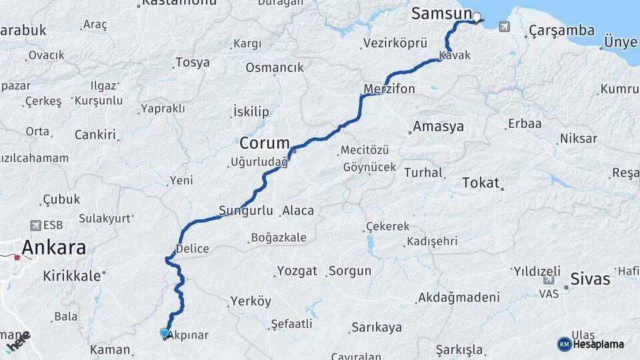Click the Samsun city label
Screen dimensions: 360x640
click(441, 13)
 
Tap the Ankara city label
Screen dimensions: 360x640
click(53, 248)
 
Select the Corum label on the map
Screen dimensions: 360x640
click(264, 143)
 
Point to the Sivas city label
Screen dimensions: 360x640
click(590, 279)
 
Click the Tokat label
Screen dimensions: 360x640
click(481, 183)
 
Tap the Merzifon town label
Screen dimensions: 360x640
click(389, 89)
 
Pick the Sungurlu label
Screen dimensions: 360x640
click(246, 211)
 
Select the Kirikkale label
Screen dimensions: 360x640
click(71, 275)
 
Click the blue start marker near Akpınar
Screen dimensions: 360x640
click(165, 333)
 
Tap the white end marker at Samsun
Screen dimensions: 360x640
click(477, 18)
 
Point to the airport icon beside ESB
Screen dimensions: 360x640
click(35, 225)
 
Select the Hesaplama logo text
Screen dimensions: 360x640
click(598, 344)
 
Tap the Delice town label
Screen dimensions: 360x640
click(192, 249)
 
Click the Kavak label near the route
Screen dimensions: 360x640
click(455, 55)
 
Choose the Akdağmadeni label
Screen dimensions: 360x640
click(459, 297)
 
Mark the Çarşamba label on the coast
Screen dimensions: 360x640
click(551, 31)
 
